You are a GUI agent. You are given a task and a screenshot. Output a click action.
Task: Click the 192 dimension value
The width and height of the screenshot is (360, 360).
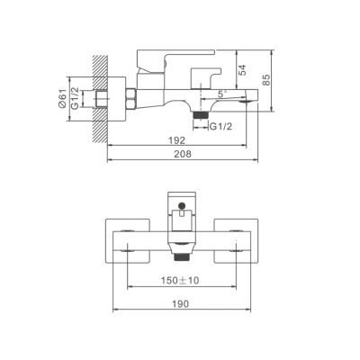(177, 140)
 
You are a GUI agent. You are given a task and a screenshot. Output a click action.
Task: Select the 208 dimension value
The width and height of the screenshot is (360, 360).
(183, 154)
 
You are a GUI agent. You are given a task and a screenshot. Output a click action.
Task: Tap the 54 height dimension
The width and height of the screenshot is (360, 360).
(242, 70)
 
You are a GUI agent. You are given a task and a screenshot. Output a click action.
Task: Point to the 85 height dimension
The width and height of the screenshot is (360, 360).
(266, 80)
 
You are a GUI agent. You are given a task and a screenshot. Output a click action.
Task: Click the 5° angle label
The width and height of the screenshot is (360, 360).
(222, 94)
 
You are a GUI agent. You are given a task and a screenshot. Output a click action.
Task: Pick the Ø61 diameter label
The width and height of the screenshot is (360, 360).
(62, 99)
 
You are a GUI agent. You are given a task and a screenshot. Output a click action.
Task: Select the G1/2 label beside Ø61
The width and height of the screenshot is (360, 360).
(75, 98)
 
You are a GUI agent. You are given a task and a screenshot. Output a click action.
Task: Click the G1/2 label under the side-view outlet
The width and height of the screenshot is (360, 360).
(221, 127)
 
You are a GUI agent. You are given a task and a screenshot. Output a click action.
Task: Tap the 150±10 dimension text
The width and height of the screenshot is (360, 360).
(180, 280)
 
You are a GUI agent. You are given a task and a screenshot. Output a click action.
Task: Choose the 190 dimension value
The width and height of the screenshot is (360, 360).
(181, 304)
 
